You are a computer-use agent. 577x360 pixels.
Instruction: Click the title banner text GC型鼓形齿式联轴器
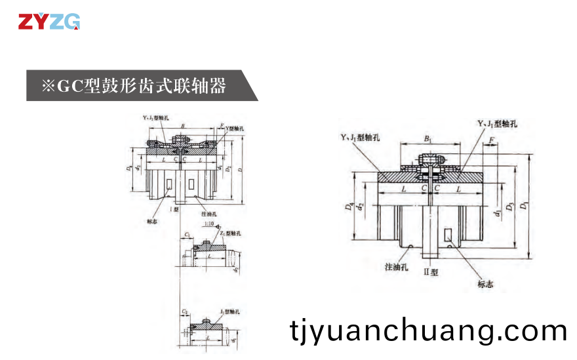(x=134, y=86)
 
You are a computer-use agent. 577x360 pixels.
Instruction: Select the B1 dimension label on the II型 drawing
(x=428, y=140)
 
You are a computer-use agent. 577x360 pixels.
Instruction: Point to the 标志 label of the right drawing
(x=486, y=284)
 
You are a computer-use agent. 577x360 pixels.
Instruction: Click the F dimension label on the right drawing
(x=491, y=140)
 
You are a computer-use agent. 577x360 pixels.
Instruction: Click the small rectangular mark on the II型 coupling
(x=448, y=235)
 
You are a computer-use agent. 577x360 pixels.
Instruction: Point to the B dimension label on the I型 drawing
(x=182, y=125)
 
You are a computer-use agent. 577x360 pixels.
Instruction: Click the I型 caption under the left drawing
(x=174, y=209)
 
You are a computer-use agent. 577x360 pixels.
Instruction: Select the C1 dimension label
(x=187, y=234)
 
